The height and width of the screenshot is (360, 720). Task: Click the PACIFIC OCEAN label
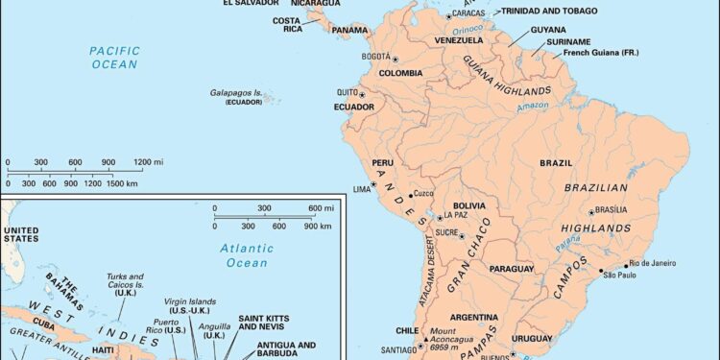[114, 57]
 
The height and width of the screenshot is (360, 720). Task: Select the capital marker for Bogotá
[395, 59]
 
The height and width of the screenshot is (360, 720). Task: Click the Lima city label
[361, 188]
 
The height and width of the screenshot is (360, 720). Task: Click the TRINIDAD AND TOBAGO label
[548, 11]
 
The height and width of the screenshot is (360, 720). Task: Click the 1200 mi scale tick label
[141, 161]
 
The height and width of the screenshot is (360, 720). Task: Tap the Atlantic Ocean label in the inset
[246, 254]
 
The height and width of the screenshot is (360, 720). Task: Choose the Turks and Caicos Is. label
[124, 286]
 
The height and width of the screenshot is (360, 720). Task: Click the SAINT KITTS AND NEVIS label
[264, 323]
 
